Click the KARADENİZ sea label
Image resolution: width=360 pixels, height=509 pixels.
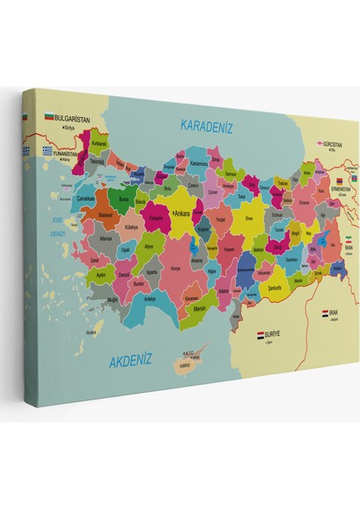coord(207,126)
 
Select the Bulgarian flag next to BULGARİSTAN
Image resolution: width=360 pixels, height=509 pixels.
coord(49,117)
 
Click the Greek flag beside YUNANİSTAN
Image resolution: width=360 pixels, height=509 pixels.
coord(25,150)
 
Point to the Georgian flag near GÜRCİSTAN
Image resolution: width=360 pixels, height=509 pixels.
coord(321,144)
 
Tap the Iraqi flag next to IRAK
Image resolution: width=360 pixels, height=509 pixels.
coord(325,313)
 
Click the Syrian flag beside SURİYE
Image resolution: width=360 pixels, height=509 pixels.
coord(262,335)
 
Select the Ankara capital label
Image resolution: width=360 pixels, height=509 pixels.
coord(182,215)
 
